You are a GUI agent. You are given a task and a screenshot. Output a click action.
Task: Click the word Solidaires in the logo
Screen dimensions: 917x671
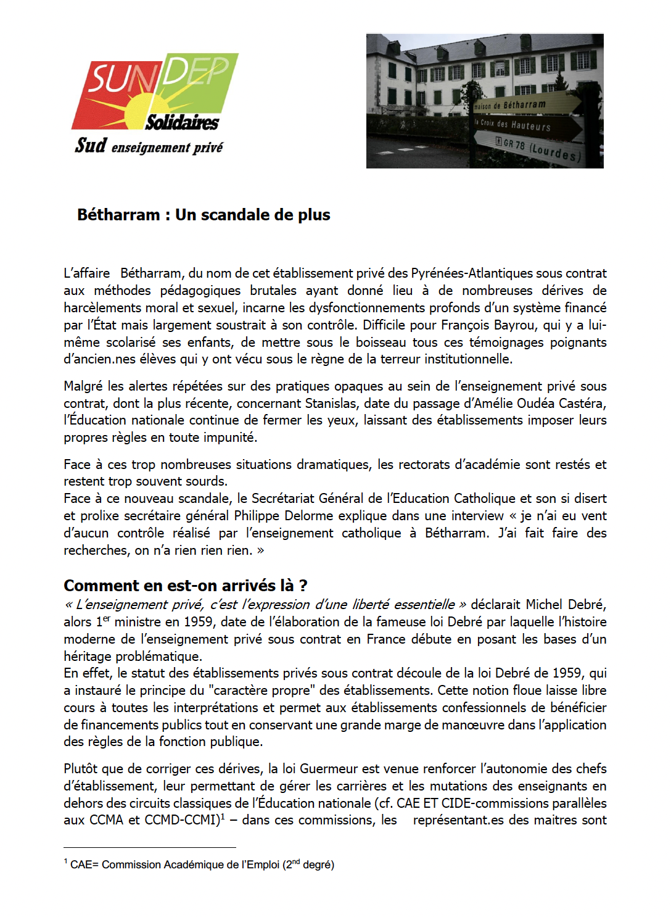pos(182,122)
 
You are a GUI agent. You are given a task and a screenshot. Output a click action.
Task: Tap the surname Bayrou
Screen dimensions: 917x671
pos(516,325)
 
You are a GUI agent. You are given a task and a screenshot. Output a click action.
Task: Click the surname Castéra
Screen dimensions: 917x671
pos(583,404)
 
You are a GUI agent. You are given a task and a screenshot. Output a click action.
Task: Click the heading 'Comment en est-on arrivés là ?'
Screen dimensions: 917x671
pos(185,585)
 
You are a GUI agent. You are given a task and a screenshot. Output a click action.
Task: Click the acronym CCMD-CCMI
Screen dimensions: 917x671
pos(182,820)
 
